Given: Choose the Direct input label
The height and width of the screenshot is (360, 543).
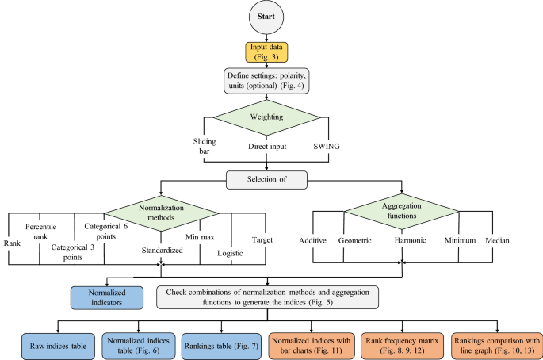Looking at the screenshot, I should point(266,147).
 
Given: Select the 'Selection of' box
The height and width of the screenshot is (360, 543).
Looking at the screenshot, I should point(266,181).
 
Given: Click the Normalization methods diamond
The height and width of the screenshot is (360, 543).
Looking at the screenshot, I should point(160,215).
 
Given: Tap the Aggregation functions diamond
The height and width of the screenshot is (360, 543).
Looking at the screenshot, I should point(403,215).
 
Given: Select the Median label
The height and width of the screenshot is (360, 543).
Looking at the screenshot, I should point(494,240).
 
